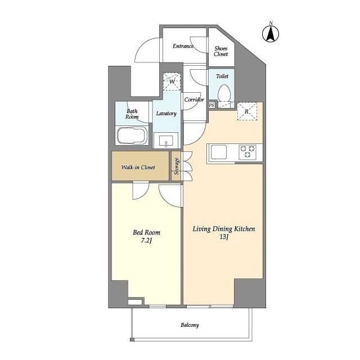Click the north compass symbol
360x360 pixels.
pos(271,33)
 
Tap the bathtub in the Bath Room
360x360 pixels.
pos(132,136)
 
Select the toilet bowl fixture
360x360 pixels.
pos(224,93)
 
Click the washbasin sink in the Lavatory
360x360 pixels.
pos(166,141)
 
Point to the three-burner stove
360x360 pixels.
pos(247,152)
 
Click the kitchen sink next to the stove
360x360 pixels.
pos(219,152)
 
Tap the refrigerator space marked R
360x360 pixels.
pos(247,111)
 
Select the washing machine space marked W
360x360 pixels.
pos(172,82)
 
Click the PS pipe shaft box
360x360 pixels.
pos(211,105)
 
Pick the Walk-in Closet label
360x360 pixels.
pos(138,168)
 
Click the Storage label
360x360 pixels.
pos(177,166)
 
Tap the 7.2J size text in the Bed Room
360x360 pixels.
pos(147,241)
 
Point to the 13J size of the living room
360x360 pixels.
pos(224,237)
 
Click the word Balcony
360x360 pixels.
pos(190,325)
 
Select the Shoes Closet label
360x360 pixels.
pos(221,51)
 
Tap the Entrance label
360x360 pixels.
pos(183,46)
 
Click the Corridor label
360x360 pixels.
pos(194,100)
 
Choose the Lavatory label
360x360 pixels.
pos(166,114)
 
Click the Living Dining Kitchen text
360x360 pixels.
pos(224,229)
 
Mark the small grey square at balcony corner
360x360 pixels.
pos(132,340)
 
